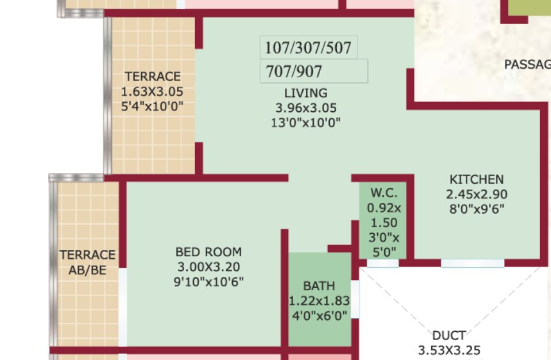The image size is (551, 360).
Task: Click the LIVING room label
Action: (x=306, y=93)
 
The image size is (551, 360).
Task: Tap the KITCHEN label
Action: (x=477, y=180)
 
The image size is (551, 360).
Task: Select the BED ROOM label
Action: (x=208, y=252)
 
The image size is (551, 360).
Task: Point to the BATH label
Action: (x=319, y=286)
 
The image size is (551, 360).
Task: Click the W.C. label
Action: (x=383, y=193)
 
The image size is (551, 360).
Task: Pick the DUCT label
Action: (x=449, y=336)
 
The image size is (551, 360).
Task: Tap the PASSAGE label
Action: (x=527, y=65)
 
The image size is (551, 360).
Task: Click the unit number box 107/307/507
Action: (x=309, y=47)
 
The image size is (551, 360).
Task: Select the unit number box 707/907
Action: (x=314, y=71)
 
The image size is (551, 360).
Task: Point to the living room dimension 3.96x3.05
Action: (x=306, y=108)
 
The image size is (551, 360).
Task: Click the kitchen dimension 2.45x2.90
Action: (x=477, y=195)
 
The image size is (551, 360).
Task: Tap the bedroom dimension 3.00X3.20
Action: (x=208, y=267)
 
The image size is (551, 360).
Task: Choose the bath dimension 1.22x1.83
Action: (x=319, y=301)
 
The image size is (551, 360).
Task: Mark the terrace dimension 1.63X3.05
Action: (x=152, y=92)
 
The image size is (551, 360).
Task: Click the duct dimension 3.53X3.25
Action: (x=449, y=351)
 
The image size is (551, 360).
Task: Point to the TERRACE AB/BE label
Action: (x=88, y=262)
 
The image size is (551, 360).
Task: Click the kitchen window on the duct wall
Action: (x=473, y=263)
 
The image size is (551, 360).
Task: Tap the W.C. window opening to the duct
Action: (x=383, y=263)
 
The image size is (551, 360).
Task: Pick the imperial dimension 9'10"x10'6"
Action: (x=208, y=282)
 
